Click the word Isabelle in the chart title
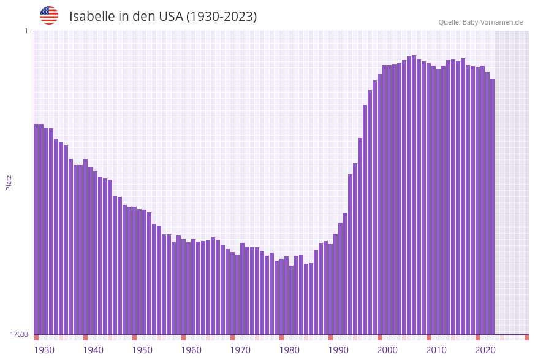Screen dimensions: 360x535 [x=91, y=16]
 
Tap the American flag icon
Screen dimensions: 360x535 [x=49, y=15]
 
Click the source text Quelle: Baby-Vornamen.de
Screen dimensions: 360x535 [x=480, y=22]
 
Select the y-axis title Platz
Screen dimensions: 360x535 [x=9, y=182]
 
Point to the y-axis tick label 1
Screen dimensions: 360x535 [x=26, y=31]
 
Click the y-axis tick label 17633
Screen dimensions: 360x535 [x=19, y=334]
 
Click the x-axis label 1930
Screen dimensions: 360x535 [x=44, y=350]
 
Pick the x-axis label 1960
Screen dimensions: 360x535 [x=191, y=350]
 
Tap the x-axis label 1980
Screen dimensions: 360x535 [x=289, y=350]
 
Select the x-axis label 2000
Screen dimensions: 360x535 [x=387, y=350]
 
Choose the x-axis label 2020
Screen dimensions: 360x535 [x=485, y=350]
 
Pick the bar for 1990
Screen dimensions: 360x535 [x=330, y=289]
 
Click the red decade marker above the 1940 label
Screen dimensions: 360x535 [x=85, y=337]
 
